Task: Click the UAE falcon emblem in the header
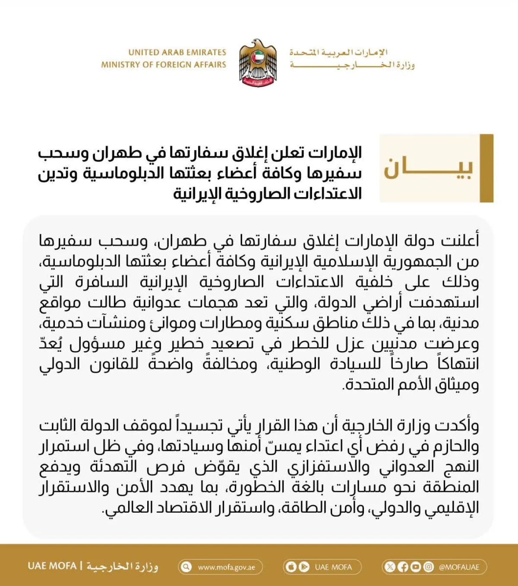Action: point(258,63)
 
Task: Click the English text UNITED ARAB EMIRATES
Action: point(177,53)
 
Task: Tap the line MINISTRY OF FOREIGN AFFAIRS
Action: point(164,65)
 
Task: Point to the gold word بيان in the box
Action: point(428,168)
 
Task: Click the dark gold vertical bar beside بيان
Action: point(486,168)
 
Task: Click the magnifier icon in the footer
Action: point(186,567)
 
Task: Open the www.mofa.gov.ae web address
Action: point(226,567)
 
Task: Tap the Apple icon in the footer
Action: point(291,567)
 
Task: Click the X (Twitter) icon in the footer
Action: point(390,567)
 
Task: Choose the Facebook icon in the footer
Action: point(403,567)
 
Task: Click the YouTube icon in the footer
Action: point(415,567)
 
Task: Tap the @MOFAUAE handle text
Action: point(459,567)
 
